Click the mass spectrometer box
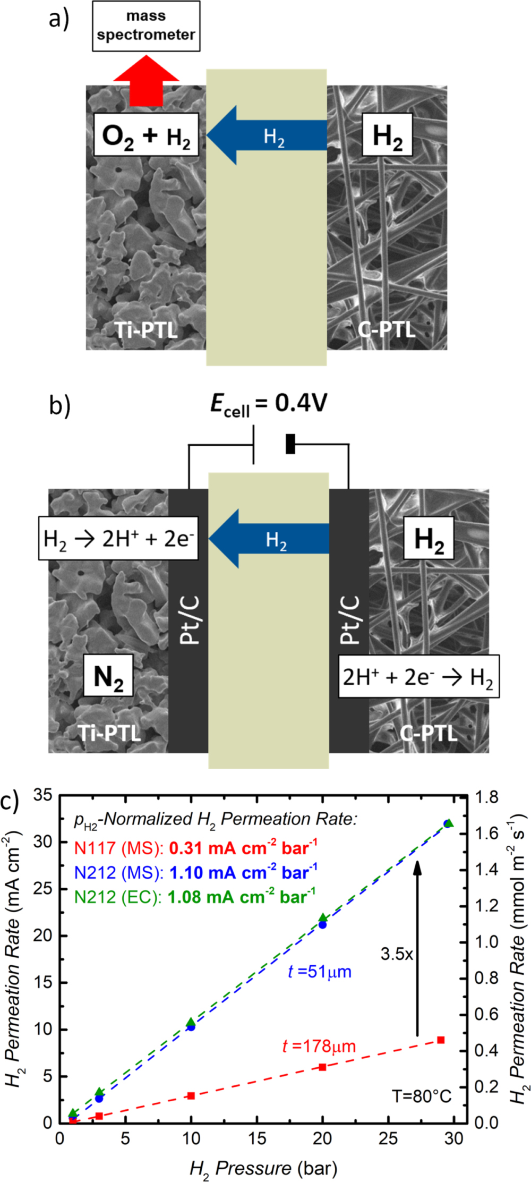(146, 26)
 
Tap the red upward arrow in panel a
(146, 82)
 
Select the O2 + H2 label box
(146, 135)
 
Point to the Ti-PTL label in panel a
(146, 330)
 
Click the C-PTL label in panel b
(429, 734)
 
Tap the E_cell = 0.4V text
(269, 405)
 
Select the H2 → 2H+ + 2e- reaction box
(118, 538)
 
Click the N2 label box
(108, 677)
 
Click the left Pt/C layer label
(189, 619)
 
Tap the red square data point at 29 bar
(441, 1040)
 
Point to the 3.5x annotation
(397, 954)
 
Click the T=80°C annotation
(422, 1096)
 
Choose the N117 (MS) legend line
(195, 848)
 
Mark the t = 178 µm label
(319, 1046)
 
